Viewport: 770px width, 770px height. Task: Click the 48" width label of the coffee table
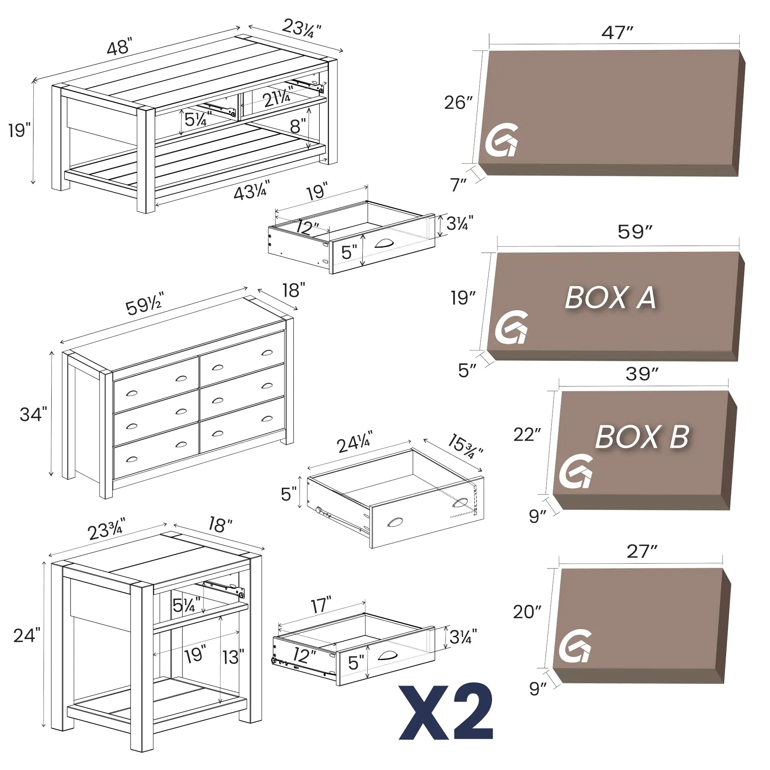[120, 47]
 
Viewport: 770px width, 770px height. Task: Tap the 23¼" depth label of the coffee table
[301, 28]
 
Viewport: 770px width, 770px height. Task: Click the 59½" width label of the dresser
[144, 305]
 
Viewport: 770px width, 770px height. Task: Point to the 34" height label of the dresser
[33, 415]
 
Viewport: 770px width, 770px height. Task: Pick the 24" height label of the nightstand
[27, 635]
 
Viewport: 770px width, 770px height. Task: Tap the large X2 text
[446, 712]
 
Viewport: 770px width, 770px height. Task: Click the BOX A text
[610, 298]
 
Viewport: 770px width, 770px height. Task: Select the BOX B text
[642, 437]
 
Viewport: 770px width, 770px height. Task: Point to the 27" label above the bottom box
[642, 552]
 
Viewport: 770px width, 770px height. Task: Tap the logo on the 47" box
[502, 140]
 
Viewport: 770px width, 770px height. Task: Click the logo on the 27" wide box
[575, 646]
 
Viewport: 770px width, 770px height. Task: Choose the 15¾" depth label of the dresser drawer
[465, 446]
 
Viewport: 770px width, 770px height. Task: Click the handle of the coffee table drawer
[384, 243]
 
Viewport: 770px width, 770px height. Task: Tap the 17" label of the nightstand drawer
[321, 605]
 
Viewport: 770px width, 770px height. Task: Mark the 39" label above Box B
[642, 374]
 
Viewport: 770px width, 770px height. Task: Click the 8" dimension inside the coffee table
[298, 126]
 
